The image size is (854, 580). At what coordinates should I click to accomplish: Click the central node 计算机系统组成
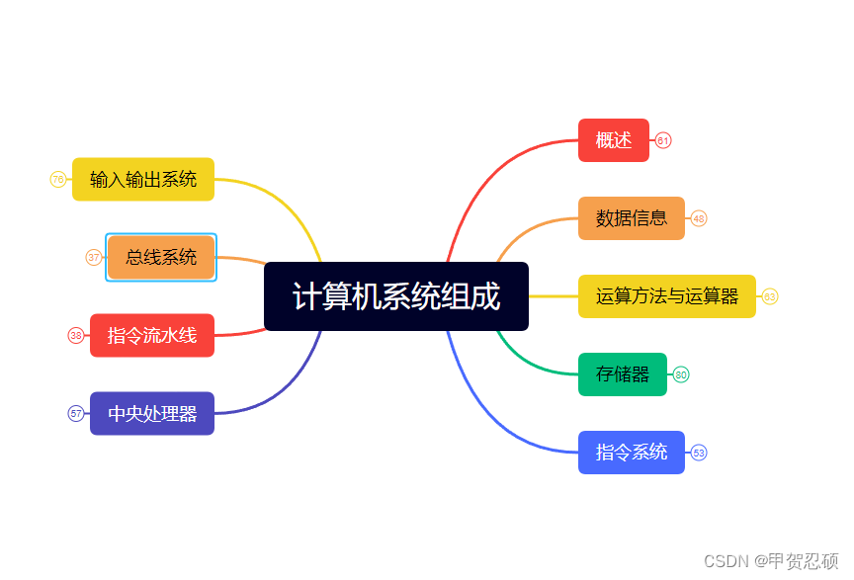point(396,296)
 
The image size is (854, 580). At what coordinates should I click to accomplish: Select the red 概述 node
point(614,140)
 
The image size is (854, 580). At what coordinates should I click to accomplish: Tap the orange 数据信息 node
point(632,218)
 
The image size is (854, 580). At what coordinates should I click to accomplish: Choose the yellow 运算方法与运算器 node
point(667,296)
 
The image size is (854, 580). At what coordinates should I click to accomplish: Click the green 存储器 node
point(623,374)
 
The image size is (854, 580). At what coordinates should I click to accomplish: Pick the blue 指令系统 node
point(632,453)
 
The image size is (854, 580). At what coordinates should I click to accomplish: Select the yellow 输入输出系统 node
point(143,179)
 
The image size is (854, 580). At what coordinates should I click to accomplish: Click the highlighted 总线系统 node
point(161,257)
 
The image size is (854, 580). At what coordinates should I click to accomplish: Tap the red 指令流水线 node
point(152,335)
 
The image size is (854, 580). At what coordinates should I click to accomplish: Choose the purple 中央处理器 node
point(152,413)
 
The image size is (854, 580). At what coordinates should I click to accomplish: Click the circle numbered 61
point(663,140)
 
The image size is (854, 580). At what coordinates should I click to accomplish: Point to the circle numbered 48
point(699,218)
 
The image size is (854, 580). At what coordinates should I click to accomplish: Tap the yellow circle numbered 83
point(770,296)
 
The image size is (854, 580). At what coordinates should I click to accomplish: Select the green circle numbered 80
point(681,374)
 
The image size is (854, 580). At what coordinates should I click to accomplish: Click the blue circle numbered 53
point(699,453)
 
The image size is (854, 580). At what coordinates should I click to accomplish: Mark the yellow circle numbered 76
point(58,179)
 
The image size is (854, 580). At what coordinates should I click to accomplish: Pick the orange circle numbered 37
point(94,257)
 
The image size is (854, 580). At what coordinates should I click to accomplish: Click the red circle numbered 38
point(76,335)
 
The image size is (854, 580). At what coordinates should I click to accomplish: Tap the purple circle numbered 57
point(76,413)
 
